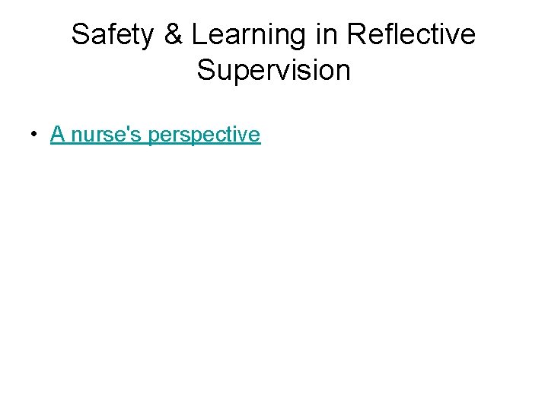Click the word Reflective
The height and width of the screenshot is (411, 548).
pyautogui.click(x=410, y=35)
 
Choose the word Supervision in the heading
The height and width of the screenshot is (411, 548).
pyautogui.click(x=274, y=70)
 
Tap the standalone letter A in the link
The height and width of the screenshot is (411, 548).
pyautogui.click(x=56, y=135)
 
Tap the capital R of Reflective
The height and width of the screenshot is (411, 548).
pyautogui.click(x=355, y=35)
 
